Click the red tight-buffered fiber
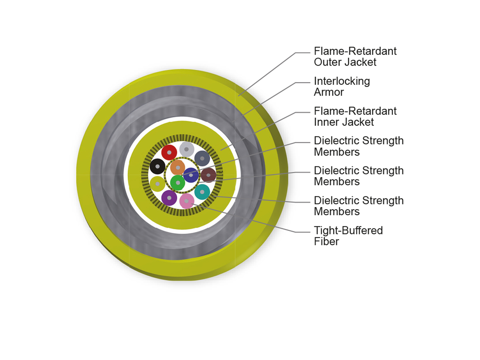point(169,152)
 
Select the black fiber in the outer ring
point(158,166)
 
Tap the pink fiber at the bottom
point(186,201)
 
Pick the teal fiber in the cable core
point(202,192)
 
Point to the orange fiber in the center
point(178,168)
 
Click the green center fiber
point(178,183)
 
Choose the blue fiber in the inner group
point(191,175)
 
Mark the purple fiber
point(169,198)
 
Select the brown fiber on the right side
point(208,175)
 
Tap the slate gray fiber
point(202,158)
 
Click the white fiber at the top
point(186,149)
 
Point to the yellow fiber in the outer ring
point(158,184)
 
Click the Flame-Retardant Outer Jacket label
point(355,57)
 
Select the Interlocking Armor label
point(342,86)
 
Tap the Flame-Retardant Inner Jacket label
point(355,116)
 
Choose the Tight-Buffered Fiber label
point(348,236)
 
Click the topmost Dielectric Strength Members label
point(359,146)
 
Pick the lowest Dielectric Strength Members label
point(359,206)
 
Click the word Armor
point(329,92)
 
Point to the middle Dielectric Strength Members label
point(359,176)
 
